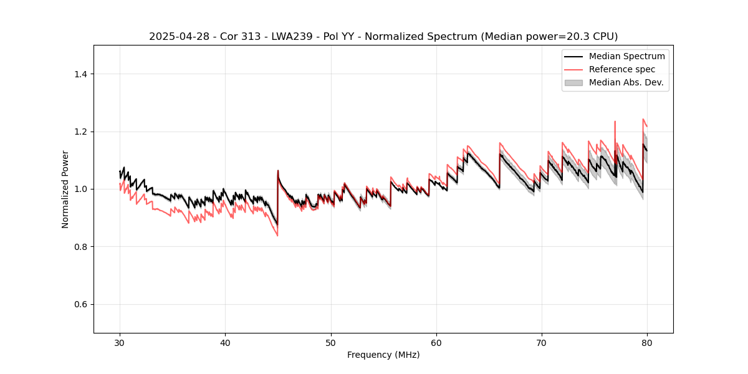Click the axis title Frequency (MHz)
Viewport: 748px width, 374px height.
click(x=383, y=355)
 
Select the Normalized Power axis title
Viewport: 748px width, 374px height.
click(x=65, y=189)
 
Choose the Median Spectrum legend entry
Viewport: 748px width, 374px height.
click(x=626, y=56)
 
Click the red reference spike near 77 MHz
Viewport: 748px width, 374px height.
click(x=615, y=123)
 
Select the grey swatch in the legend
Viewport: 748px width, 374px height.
click(x=573, y=82)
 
